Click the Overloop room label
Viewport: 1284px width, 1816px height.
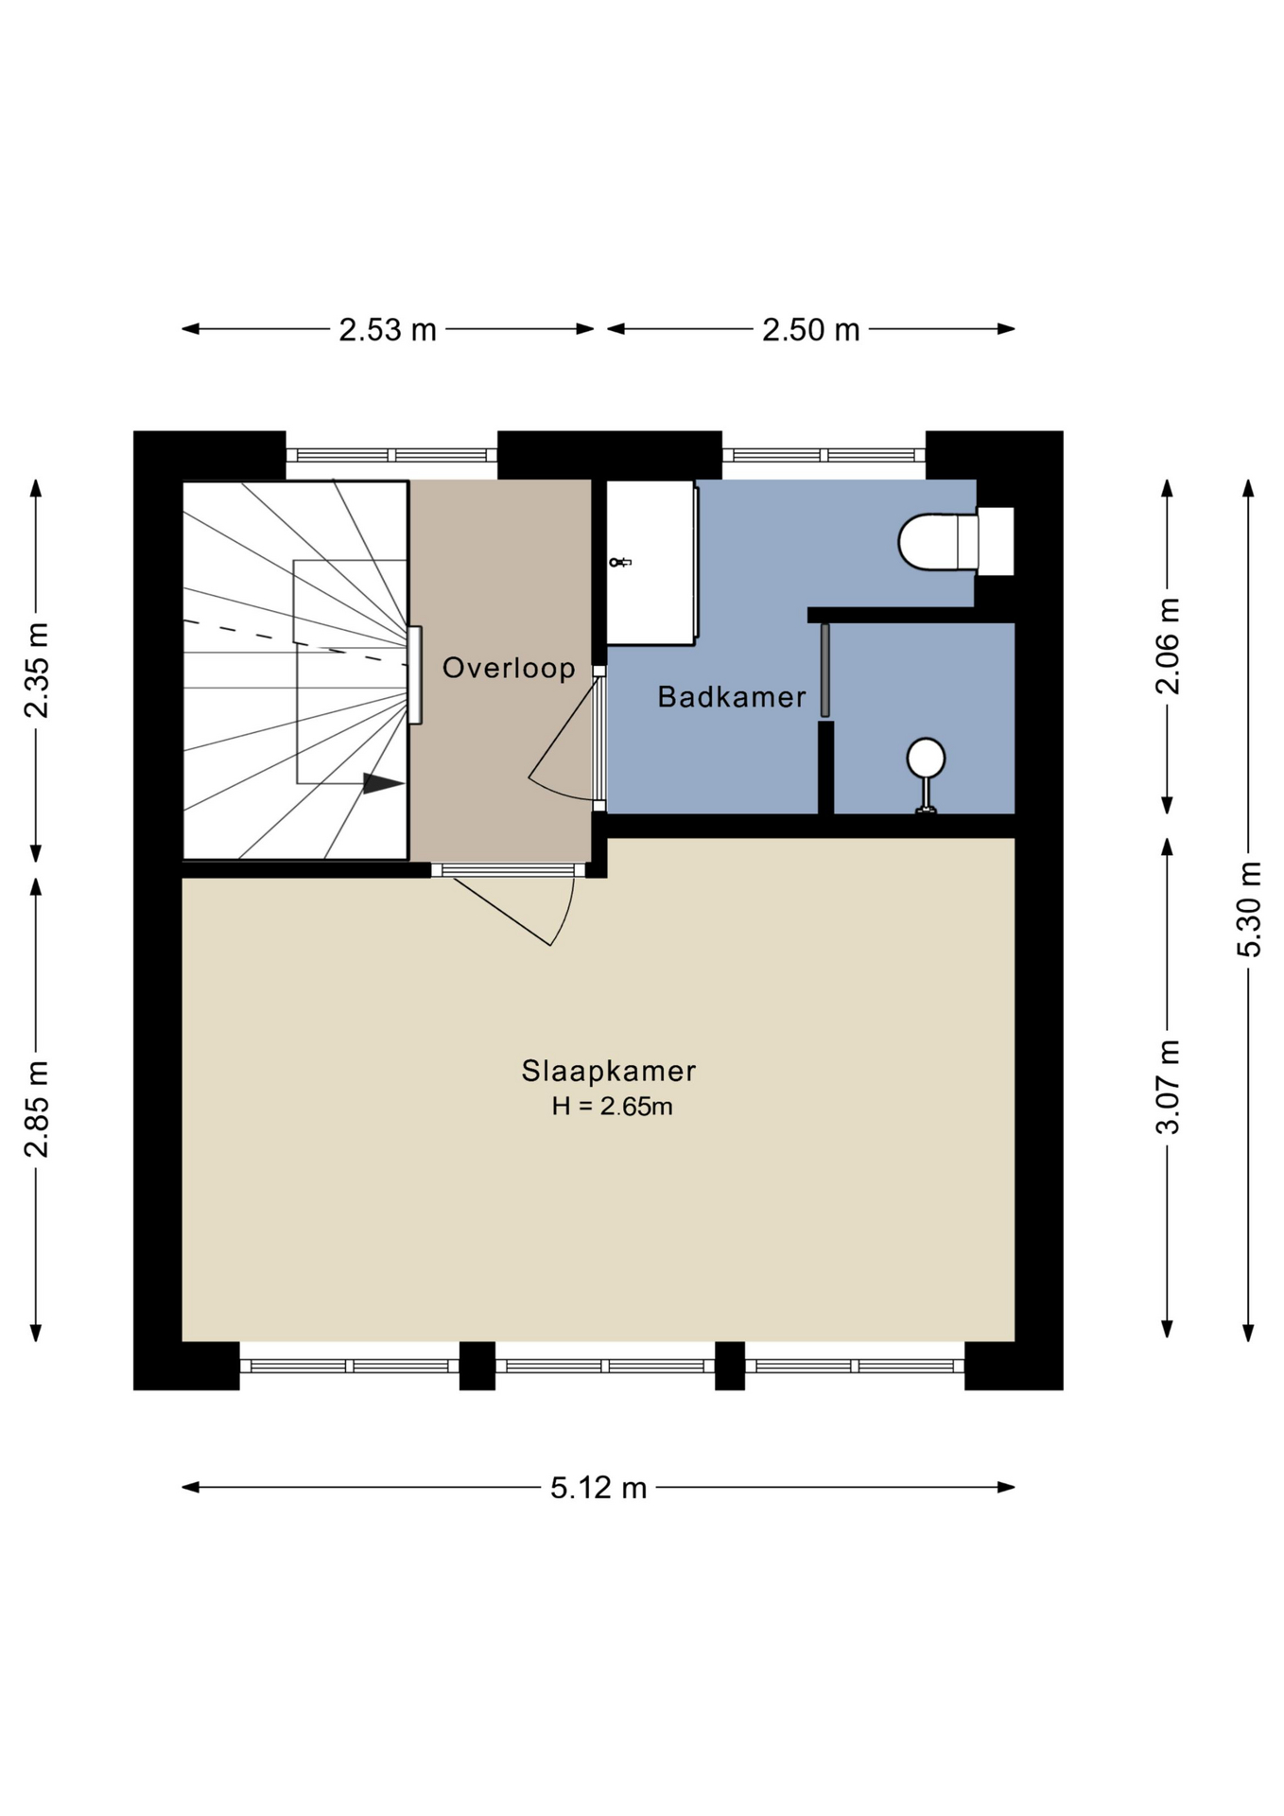click(509, 668)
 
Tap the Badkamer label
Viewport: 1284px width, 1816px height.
click(732, 697)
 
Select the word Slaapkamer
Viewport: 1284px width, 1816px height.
click(609, 1071)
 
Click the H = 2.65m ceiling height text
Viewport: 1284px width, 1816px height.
click(613, 1106)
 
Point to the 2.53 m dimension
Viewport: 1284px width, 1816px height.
click(388, 329)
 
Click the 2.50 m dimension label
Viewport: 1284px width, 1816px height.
click(811, 329)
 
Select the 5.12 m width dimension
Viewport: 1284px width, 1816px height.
click(599, 1488)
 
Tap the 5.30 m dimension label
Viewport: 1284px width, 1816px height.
click(1249, 909)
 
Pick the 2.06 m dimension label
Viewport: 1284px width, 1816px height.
click(1168, 646)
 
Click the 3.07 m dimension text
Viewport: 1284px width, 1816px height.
click(1168, 1087)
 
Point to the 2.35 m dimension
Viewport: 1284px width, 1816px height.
click(37, 671)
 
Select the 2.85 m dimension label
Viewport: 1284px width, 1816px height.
click(37, 1109)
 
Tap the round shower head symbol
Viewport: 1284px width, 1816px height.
click(926, 758)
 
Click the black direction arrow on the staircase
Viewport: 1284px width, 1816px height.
click(384, 783)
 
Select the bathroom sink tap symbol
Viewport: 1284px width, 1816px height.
click(619, 563)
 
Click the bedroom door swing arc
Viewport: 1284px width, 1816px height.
click(564, 914)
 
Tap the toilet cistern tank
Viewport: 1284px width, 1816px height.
click(996, 541)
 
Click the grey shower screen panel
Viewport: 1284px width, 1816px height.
click(824, 670)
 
